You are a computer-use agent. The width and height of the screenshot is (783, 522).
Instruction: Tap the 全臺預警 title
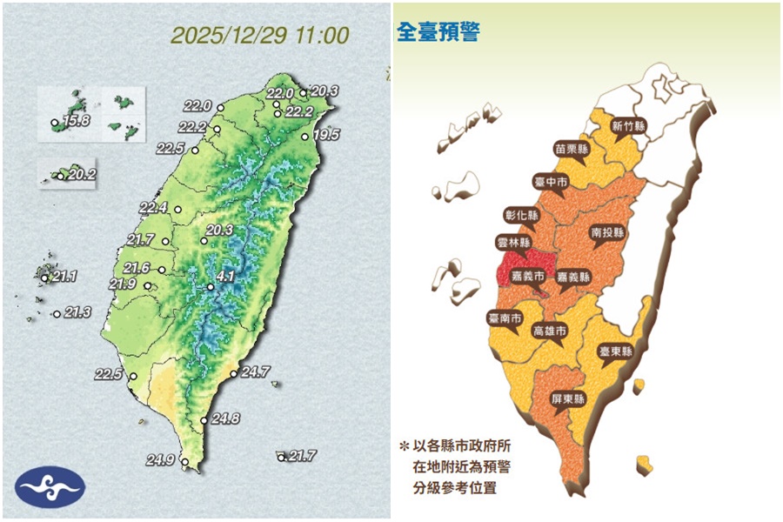point(438,33)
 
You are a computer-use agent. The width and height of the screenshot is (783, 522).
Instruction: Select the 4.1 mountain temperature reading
point(226,277)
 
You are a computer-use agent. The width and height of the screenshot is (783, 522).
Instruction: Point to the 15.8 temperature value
point(76,121)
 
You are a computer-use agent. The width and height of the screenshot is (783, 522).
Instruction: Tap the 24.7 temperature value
point(255,372)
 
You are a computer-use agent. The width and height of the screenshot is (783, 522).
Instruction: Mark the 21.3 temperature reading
point(77,312)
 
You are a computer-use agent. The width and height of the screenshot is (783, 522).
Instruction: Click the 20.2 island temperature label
point(82,175)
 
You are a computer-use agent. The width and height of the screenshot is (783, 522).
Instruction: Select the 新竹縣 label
point(627,125)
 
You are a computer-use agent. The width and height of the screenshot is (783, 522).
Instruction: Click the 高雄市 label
point(549,331)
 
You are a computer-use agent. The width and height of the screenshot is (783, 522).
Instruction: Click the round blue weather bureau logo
point(50,489)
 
